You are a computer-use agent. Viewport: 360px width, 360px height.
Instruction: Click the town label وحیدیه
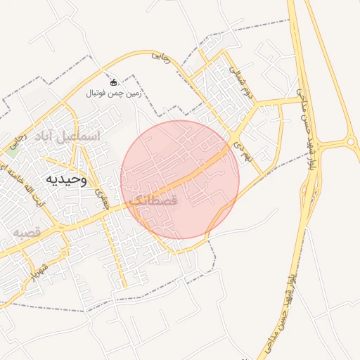pyautogui.click(x=65, y=179)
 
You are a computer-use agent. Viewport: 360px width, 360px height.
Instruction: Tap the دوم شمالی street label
pyautogui.click(x=240, y=81)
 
